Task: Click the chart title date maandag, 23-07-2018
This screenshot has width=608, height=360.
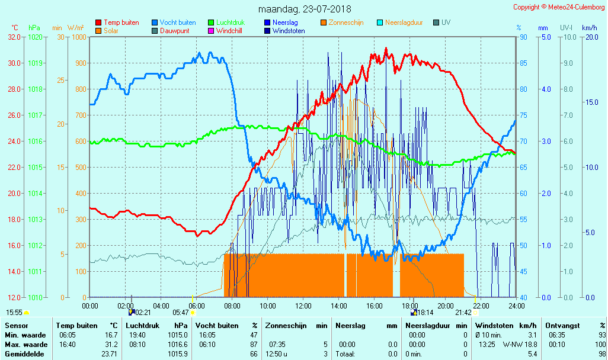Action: point(305,9)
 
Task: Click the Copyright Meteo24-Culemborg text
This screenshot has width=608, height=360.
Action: point(559,7)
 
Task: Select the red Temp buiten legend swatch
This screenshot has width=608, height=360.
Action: point(98,22)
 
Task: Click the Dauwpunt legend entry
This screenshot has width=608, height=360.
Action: point(176,31)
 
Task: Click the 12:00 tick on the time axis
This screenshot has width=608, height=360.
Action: point(303,306)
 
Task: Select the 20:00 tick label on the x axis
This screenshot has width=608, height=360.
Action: point(446,306)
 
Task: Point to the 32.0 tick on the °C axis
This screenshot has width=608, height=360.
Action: point(14,37)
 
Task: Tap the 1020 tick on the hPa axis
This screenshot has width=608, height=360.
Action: point(35,37)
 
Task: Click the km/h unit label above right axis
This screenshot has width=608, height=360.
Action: point(589,28)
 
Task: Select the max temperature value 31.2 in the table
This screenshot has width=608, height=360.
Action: point(112,345)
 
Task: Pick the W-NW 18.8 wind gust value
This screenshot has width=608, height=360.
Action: point(520,345)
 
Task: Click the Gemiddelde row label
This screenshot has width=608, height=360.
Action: point(25,354)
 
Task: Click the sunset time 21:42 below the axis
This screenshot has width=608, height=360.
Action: point(463,312)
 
